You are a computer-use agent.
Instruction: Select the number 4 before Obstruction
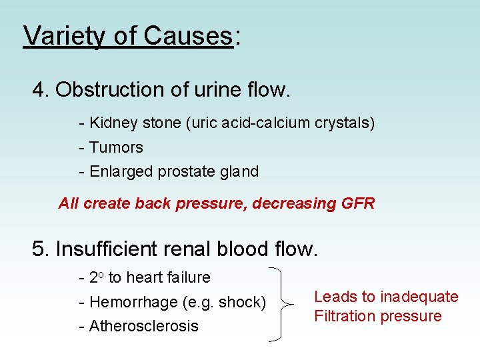point(39,89)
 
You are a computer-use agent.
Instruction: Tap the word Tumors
point(116,147)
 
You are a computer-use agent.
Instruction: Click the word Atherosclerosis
point(143,326)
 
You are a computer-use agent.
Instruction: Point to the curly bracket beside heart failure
point(284,303)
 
